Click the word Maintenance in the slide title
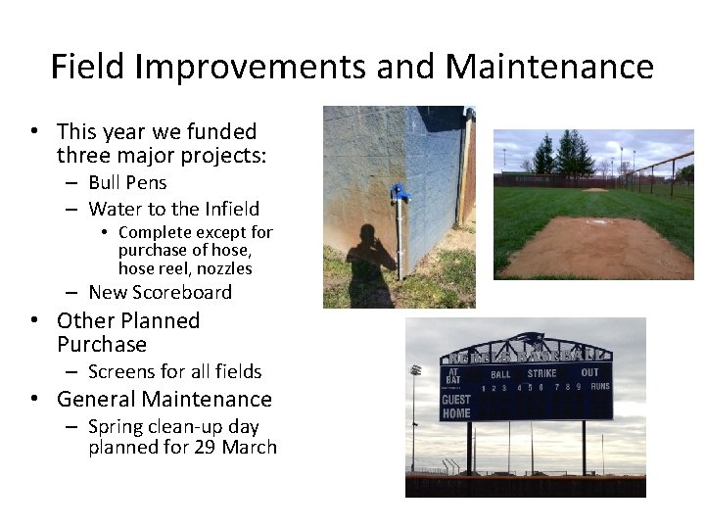click(x=548, y=67)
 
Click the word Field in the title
click(x=88, y=67)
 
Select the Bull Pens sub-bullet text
click(x=127, y=182)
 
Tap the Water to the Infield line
click(x=173, y=209)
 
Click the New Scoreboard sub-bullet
click(x=160, y=292)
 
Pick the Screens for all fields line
click(x=174, y=371)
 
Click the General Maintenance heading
click(x=164, y=399)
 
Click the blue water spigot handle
click(x=398, y=192)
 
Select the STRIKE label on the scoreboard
click(x=541, y=373)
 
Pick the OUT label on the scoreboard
click(x=589, y=372)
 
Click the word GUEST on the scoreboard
click(x=455, y=400)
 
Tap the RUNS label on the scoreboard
click(x=599, y=387)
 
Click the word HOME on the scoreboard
click(x=455, y=413)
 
